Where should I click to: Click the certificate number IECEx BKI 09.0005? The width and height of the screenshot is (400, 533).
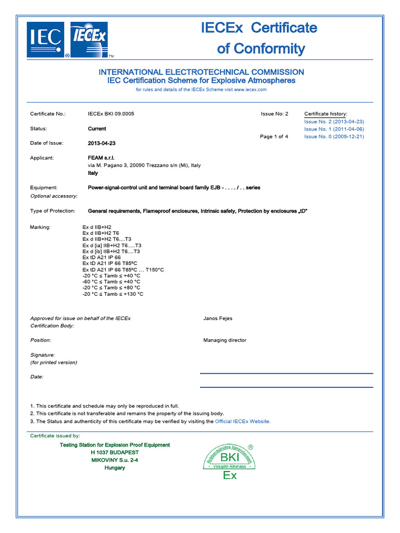click(x=111, y=113)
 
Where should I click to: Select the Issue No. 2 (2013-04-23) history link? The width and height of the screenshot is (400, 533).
click(x=334, y=121)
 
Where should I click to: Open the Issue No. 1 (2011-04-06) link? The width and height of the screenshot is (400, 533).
click(x=334, y=129)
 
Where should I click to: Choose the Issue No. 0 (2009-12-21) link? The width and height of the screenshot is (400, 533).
click(x=334, y=136)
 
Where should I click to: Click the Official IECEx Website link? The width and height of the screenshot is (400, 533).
click(x=243, y=422)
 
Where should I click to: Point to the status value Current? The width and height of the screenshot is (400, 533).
click(x=97, y=129)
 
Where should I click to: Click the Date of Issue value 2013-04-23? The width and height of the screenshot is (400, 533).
click(x=102, y=143)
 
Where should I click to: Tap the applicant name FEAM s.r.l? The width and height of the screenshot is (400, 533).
click(x=101, y=158)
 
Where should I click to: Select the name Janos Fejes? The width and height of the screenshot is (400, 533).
click(x=218, y=319)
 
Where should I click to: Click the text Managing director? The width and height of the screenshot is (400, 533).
click(x=224, y=340)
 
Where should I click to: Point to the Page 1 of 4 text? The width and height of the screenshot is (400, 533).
click(x=274, y=136)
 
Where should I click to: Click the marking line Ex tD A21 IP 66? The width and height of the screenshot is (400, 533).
click(x=102, y=257)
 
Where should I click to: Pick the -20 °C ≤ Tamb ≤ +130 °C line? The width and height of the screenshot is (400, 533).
click(x=113, y=294)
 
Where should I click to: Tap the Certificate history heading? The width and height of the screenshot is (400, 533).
click(x=326, y=113)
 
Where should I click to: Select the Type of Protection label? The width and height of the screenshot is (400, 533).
click(x=53, y=211)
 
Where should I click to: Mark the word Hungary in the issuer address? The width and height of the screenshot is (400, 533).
click(x=115, y=468)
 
